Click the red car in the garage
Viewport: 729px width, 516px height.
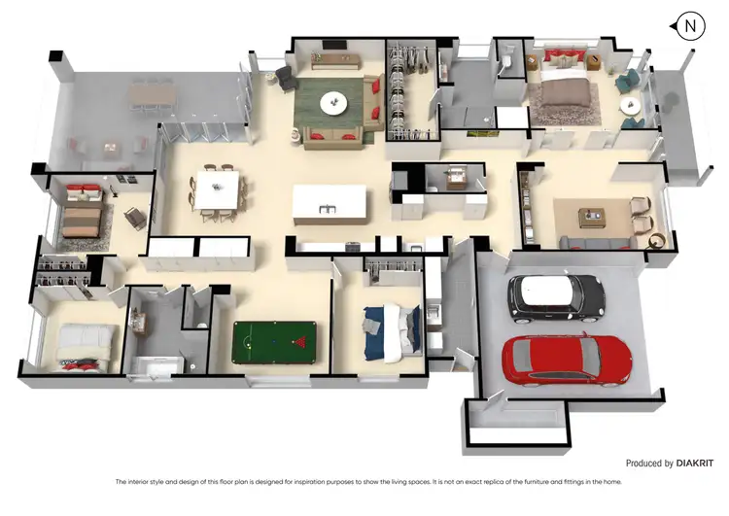click(x=567, y=362)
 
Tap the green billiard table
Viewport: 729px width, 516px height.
click(x=274, y=340)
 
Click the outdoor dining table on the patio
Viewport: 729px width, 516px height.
click(x=153, y=92)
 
